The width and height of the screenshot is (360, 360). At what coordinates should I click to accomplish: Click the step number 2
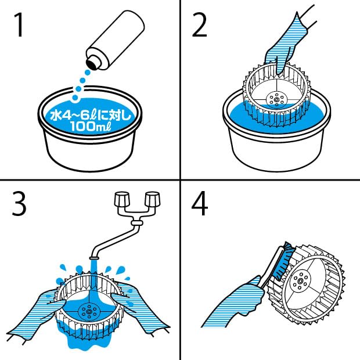click(199, 25)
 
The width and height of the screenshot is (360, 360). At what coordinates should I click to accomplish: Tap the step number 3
click(19, 203)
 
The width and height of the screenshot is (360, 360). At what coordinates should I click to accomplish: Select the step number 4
click(200, 203)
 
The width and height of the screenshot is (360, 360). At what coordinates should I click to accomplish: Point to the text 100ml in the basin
click(91, 126)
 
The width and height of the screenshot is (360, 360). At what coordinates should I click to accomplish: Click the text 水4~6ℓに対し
click(91, 115)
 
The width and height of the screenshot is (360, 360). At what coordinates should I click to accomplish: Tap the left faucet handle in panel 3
click(122, 199)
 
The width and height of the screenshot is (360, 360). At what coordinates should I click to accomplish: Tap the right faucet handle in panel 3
click(153, 199)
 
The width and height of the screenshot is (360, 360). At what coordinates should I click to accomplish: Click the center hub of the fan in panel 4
click(300, 280)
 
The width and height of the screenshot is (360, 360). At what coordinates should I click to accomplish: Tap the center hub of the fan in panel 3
click(89, 311)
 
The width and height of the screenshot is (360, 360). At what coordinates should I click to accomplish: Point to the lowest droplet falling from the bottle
click(75, 98)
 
